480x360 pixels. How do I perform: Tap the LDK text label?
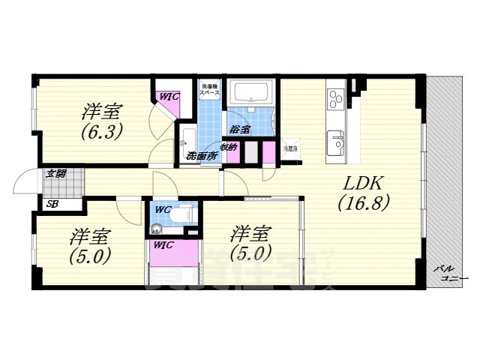tap(365, 183)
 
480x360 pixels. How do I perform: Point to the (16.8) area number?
tap(364, 202)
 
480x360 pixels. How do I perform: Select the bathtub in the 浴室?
tap(253, 94)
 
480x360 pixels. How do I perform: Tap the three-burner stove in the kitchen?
tap(334, 97)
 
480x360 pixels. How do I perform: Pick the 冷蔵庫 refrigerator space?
tap(289, 148)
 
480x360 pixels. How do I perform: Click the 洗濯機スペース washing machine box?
tap(209, 91)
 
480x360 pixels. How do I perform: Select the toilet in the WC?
tap(181, 214)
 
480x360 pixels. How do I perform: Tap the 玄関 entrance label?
tap(55, 174)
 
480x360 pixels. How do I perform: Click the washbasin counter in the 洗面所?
tap(187, 139)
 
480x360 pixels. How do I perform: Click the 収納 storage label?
tap(229, 147)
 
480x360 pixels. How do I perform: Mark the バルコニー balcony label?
tap(449, 273)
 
